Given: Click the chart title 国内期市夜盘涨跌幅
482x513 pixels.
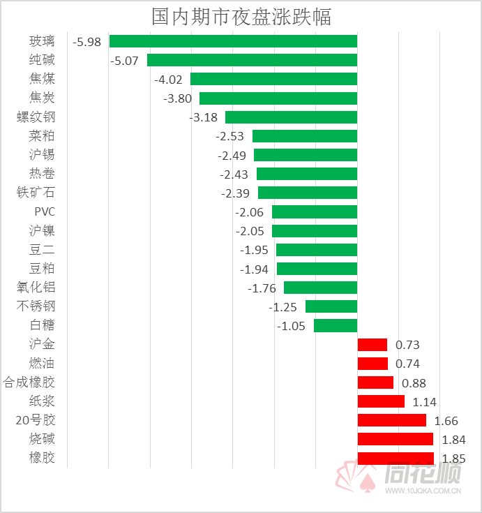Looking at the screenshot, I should pyautogui.click(x=241, y=16).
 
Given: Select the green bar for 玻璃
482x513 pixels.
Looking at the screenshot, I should pyautogui.click(x=233, y=41).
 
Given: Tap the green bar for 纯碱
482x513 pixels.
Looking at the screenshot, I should pyautogui.click(x=252, y=60).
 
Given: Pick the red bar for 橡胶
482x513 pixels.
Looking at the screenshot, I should pyautogui.click(x=396, y=458).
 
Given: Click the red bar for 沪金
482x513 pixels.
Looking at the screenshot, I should pyautogui.click(x=372, y=344).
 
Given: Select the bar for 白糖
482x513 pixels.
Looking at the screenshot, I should pyautogui.click(x=336, y=325).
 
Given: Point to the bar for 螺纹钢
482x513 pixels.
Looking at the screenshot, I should pyautogui.click(x=291, y=117).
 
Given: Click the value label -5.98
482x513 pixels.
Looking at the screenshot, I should pyautogui.click(x=87, y=42).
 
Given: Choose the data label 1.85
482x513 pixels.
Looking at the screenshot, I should pyautogui.click(x=453, y=459).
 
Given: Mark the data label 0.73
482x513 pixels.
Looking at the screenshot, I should pyautogui.click(x=407, y=345).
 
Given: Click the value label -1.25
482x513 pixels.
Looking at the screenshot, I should pyautogui.click(x=283, y=307).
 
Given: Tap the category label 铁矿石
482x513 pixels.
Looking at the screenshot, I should pyautogui.click(x=36, y=193).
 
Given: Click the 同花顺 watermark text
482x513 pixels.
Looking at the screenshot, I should pyautogui.click(x=422, y=476).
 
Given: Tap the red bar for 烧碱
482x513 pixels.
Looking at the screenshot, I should pyautogui.click(x=395, y=439).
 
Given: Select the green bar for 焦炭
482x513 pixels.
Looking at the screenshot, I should pyautogui.click(x=278, y=98).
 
